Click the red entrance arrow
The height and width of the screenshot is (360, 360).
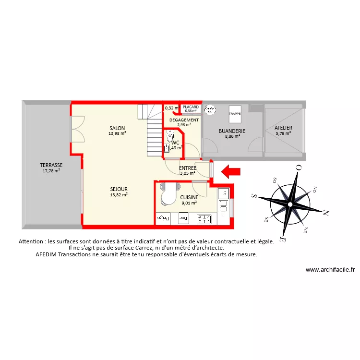231,170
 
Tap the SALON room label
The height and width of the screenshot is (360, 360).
117,128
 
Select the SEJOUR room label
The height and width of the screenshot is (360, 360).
119,189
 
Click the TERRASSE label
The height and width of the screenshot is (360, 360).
51,165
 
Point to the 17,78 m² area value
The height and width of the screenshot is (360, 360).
51,170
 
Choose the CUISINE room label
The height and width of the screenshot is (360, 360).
189,197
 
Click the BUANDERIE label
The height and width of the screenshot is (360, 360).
232,131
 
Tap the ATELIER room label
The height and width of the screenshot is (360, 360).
283,128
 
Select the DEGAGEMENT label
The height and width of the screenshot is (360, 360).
184,120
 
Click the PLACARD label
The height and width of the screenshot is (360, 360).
191,107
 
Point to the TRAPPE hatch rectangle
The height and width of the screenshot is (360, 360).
235,114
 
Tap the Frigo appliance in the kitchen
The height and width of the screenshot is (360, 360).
164,219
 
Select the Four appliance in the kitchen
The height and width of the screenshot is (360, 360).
182,219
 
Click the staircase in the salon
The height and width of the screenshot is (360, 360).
153,130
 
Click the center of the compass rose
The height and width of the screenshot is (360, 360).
290,205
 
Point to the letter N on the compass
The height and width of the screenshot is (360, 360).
326,212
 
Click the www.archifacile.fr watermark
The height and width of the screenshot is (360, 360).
330,270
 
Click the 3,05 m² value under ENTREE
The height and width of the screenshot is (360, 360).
187,173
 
